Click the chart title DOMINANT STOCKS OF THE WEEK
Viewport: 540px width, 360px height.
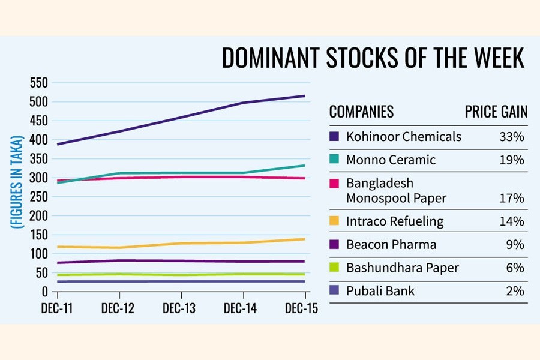(x=373, y=58)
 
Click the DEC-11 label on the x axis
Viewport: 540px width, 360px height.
(x=58, y=308)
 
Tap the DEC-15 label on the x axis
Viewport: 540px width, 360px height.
(x=302, y=308)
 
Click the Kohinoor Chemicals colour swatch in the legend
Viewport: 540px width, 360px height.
(x=335, y=137)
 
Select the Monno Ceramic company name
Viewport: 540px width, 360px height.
(x=391, y=160)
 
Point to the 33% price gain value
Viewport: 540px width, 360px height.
(x=511, y=137)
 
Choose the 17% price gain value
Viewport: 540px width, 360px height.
(x=511, y=198)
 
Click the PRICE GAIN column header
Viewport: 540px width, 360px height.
(x=496, y=112)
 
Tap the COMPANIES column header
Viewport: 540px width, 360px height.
(x=361, y=112)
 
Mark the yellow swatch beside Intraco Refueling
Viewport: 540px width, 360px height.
(x=335, y=221)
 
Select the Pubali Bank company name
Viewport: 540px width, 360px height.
(x=380, y=291)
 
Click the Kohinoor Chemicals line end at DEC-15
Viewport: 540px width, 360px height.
(x=304, y=96)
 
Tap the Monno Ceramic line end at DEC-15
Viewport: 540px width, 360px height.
(x=304, y=166)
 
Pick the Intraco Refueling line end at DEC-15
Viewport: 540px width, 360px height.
(x=304, y=239)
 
